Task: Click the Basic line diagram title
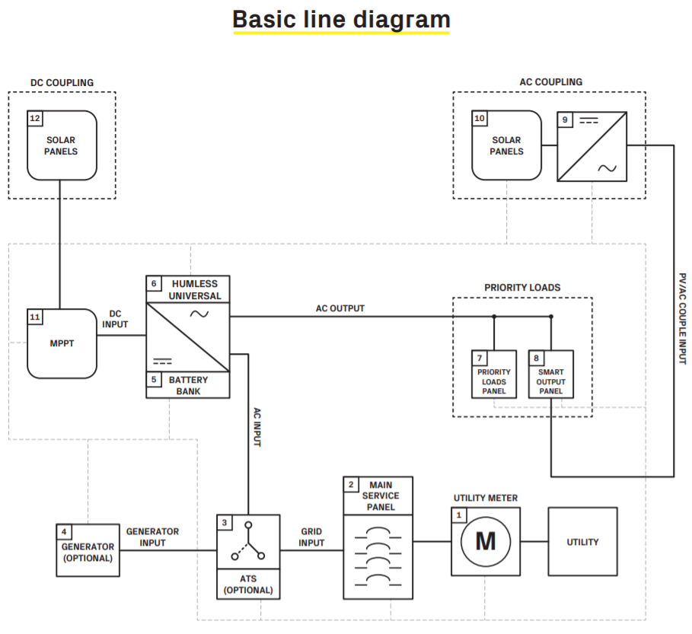pos(341,19)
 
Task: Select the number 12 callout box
pos(35,118)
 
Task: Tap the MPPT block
pos(62,343)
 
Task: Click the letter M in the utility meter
pos(485,541)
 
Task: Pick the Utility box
pos(582,542)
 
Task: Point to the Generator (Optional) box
pos(88,550)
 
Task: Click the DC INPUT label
pos(115,319)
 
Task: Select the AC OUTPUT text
pos(340,308)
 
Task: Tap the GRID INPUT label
pos(311,537)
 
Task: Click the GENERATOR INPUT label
pos(152,537)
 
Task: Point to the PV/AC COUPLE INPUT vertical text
pos(682,318)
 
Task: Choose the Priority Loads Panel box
pos(493,374)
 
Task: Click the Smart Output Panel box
pos(550,374)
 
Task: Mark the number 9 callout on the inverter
pos(564,119)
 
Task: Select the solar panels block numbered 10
pos(506,145)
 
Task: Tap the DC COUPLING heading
pos(62,82)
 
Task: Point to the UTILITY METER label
pos(486,499)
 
